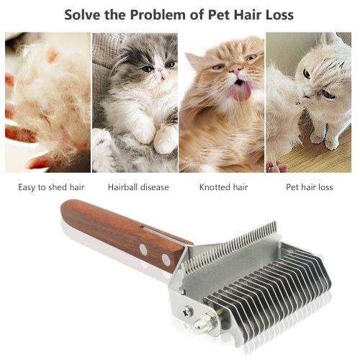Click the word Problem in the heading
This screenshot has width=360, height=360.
[158, 15]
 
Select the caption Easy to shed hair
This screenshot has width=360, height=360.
[51, 187]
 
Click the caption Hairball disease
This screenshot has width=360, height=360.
[138, 187]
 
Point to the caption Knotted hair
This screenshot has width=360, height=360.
[223, 187]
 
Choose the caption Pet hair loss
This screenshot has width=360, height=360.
[310, 187]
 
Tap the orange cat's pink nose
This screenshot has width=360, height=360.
[235, 71]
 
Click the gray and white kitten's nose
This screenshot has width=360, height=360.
[160, 70]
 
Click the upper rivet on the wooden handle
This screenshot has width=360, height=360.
[143, 250]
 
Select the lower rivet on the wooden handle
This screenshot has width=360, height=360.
[166, 259]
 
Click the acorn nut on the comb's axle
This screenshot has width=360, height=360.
[200, 324]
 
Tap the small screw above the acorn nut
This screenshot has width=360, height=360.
[188, 311]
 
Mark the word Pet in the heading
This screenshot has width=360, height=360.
[219, 15]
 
